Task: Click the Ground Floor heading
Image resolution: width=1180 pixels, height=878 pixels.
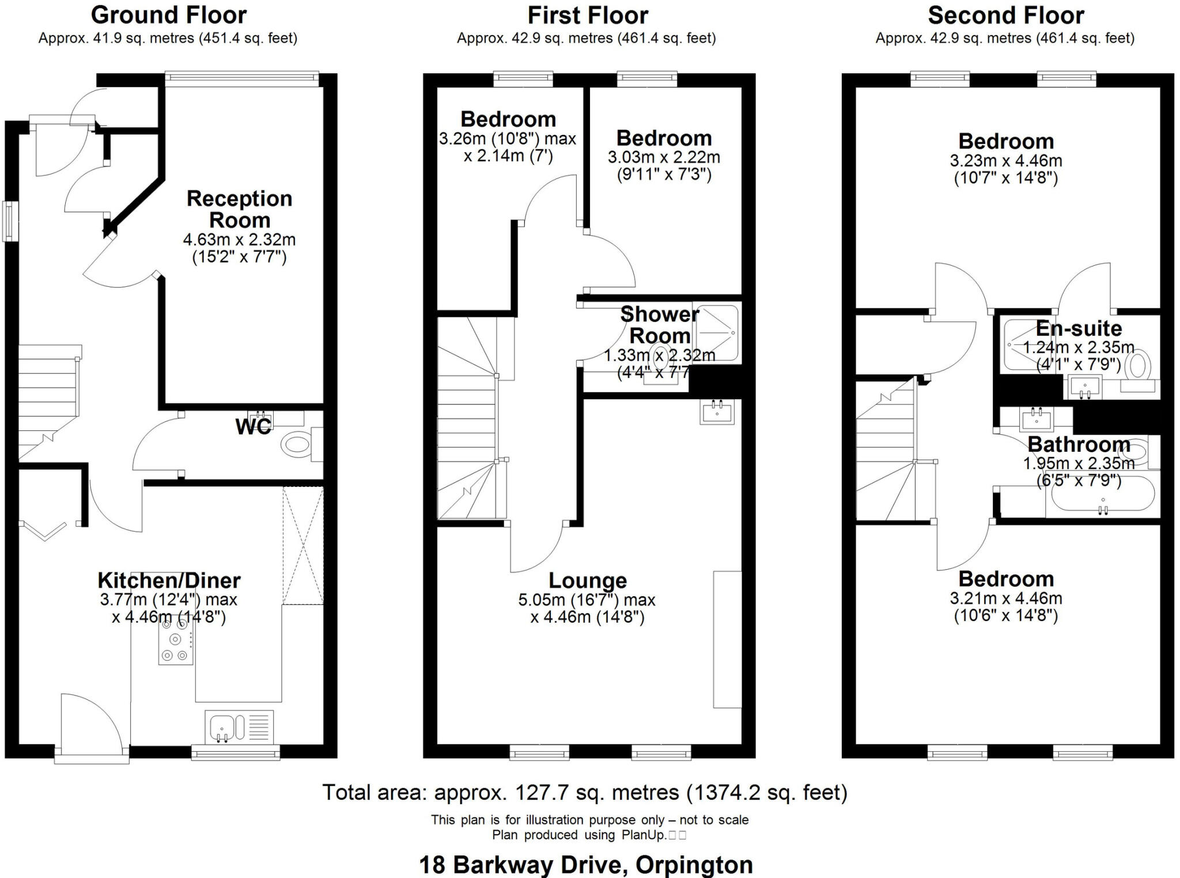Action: tap(169, 16)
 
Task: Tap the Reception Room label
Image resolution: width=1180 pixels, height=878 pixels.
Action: tap(239, 209)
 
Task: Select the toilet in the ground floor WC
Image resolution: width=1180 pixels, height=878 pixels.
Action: tap(297, 445)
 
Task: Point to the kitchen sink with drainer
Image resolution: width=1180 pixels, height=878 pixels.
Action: tap(239, 727)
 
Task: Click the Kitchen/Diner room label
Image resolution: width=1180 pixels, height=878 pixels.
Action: tap(169, 580)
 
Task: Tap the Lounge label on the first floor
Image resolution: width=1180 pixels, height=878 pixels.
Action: tap(587, 580)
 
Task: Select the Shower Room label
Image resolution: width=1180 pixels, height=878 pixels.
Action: tap(659, 325)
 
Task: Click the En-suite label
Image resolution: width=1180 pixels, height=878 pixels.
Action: tap(1079, 328)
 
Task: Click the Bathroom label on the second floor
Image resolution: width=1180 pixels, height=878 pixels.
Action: tap(1079, 444)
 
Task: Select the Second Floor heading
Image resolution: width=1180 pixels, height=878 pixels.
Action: tap(1006, 16)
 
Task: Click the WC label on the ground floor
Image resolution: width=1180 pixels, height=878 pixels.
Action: tap(253, 427)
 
